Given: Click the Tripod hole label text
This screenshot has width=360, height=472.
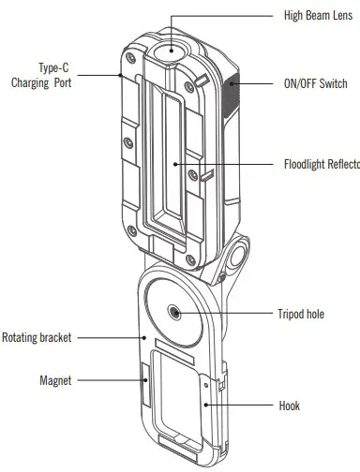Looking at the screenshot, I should click(301, 314).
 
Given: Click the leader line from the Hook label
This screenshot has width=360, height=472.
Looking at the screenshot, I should click(244, 406).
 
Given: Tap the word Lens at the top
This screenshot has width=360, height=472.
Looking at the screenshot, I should click(346, 16).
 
